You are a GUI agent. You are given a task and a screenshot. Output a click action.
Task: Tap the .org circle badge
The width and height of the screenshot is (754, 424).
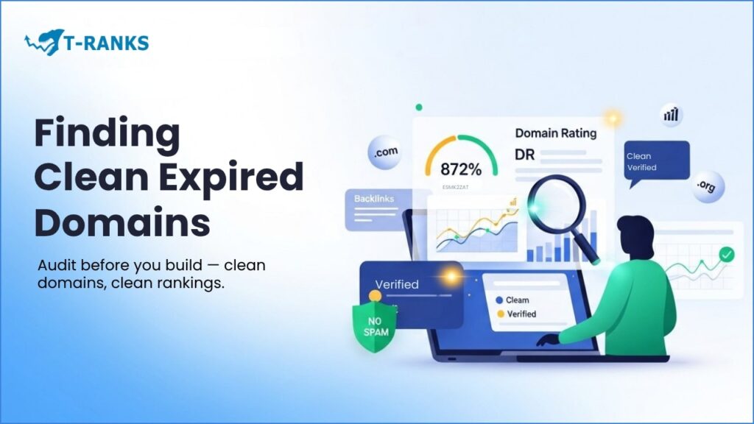tap(708, 186)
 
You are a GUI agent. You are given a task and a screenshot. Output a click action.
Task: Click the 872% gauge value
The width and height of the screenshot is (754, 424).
tap(461, 169)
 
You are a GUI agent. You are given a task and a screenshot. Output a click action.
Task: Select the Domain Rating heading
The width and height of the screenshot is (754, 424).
tap(555, 133)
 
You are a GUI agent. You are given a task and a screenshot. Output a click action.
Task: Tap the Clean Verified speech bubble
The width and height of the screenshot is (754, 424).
tap(656, 161)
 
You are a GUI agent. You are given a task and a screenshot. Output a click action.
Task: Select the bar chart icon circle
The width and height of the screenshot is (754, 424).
tap(671, 115)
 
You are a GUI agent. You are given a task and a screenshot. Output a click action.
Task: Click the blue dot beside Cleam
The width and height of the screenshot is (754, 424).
tap(500, 300)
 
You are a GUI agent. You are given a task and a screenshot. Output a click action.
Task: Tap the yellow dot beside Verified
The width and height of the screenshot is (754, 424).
tap(500, 314)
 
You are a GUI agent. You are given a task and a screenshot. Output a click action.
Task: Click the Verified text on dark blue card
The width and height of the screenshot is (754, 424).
tap(397, 284)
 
